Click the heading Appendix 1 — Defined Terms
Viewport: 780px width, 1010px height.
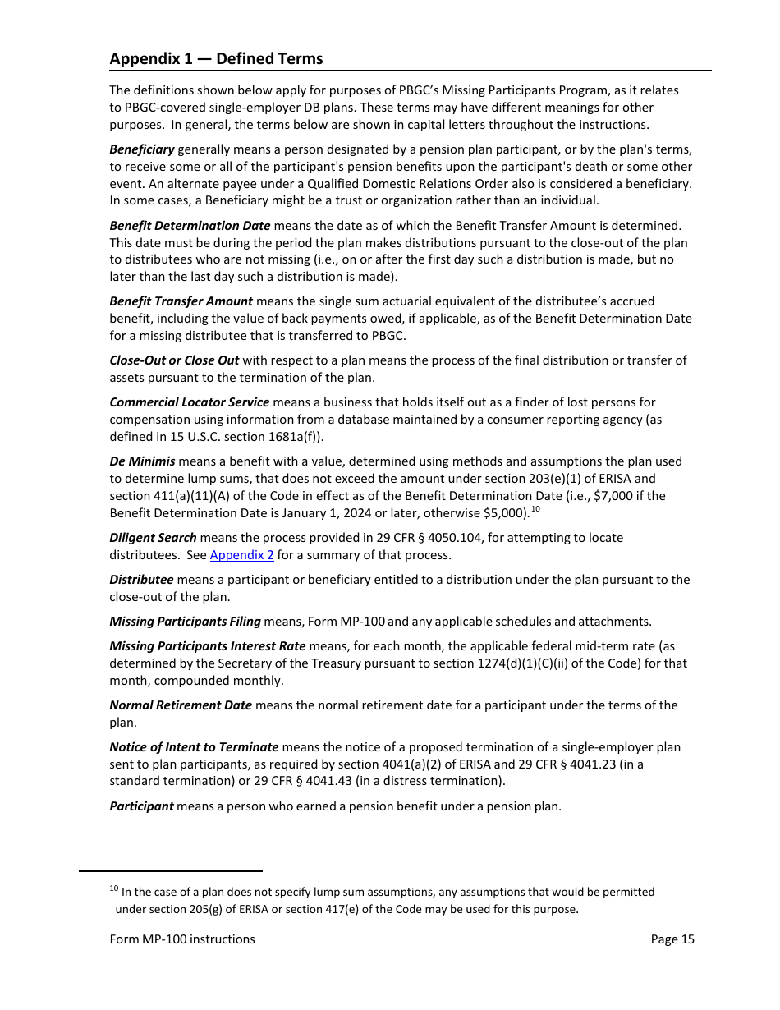216,59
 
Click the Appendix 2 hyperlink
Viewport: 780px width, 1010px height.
241,555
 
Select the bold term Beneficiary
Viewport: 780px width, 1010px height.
142,149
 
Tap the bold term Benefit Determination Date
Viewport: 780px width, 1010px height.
190,226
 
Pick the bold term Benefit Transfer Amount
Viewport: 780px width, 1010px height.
181,301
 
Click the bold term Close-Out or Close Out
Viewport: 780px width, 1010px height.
174,360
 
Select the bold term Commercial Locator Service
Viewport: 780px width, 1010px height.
189,402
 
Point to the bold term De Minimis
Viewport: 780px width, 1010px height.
142,461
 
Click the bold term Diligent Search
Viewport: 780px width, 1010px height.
153,538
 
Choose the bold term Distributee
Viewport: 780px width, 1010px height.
141,580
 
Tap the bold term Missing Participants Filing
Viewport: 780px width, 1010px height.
185,622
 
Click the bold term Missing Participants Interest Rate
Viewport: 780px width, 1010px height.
207,646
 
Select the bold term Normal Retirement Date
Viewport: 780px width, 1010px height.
181,705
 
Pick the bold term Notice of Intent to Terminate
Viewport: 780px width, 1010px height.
194,747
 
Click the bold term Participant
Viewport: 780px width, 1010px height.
141,806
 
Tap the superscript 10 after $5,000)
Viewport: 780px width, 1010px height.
535,509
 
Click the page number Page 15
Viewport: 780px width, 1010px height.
672,939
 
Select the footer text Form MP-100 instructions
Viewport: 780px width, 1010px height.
182,939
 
